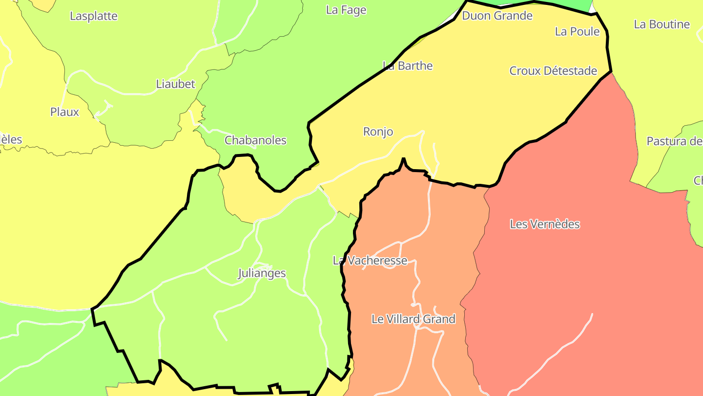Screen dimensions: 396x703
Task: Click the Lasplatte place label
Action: (x=94, y=16)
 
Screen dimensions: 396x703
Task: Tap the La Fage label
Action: (x=346, y=10)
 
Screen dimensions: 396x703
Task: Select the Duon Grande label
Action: (x=497, y=16)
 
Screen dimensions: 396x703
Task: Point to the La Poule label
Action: (x=577, y=31)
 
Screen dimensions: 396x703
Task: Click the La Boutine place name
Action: (x=662, y=24)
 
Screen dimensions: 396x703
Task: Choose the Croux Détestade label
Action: (x=553, y=71)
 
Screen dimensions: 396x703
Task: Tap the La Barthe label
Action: (x=408, y=66)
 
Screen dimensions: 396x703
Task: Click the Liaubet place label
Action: (x=175, y=84)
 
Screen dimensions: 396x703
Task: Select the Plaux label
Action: (x=64, y=112)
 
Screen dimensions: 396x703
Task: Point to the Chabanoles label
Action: (x=255, y=140)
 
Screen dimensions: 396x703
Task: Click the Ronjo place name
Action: (x=378, y=132)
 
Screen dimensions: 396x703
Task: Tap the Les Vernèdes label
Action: (x=545, y=224)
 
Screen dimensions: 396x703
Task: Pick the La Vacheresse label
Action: (x=370, y=261)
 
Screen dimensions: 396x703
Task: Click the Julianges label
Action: (x=262, y=273)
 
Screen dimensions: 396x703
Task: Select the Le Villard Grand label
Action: (x=413, y=319)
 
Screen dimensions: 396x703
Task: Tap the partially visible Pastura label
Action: (x=674, y=141)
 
